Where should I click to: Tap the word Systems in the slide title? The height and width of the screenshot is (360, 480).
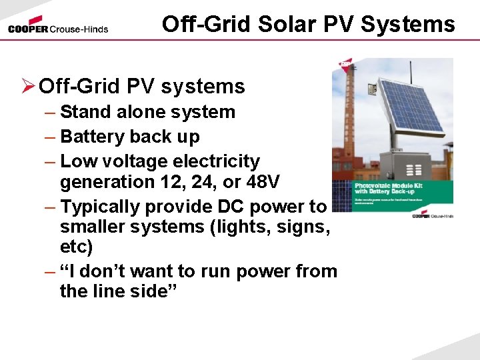click(x=414, y=24)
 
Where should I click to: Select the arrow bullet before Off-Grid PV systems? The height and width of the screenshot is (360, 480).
click(x=28, y=86)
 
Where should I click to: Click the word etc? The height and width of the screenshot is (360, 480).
click(x=76, y=247)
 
